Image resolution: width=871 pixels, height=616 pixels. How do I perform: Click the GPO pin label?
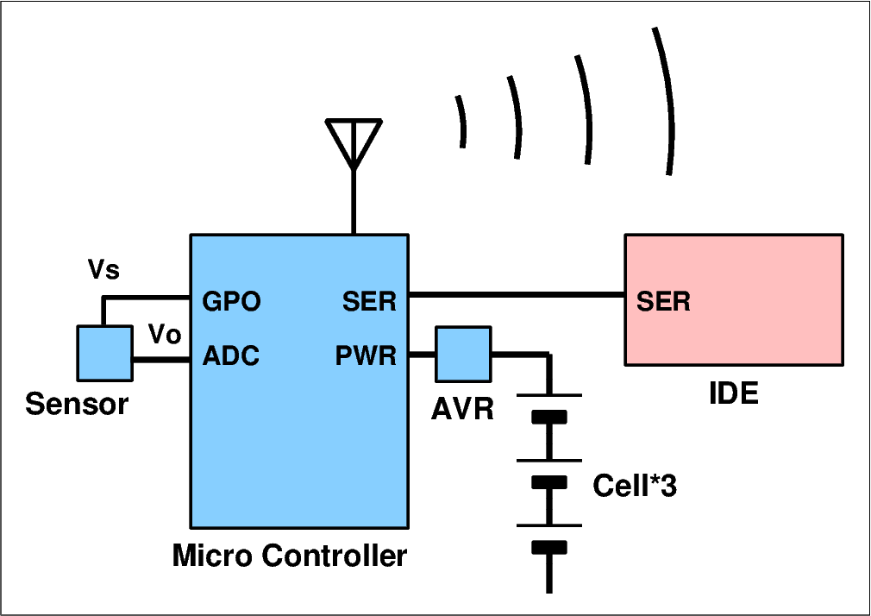[x=231, y=302]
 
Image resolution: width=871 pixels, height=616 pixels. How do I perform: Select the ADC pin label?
[x=231, y=355]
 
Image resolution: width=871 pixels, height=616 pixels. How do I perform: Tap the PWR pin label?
[x=366, y=355]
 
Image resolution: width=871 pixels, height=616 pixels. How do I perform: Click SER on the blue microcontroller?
[x=369, y=302]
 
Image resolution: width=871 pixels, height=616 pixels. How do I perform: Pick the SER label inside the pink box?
[x=663, y=302]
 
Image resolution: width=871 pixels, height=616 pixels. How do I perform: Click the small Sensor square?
[x=105, y=353]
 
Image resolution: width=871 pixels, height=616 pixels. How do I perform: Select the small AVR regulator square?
[x=462, y=354]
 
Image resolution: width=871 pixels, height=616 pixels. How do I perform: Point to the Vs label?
[x=104, y=270]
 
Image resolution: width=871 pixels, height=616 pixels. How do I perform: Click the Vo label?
[x=165, y=334]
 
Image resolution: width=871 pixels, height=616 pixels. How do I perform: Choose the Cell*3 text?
[x=635, y=487]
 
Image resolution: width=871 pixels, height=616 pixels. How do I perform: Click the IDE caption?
[x=733, y=394]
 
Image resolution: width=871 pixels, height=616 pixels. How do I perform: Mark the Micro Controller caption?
[x=290, y=556]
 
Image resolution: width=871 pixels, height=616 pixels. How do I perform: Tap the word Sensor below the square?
[x=77, y=404]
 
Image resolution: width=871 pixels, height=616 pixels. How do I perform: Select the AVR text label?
[x=462, y=408]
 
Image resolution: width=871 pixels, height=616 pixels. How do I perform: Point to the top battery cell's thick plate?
[x=548, y=418]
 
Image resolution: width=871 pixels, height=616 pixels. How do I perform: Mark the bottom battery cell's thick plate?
[x=548, y=547]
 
